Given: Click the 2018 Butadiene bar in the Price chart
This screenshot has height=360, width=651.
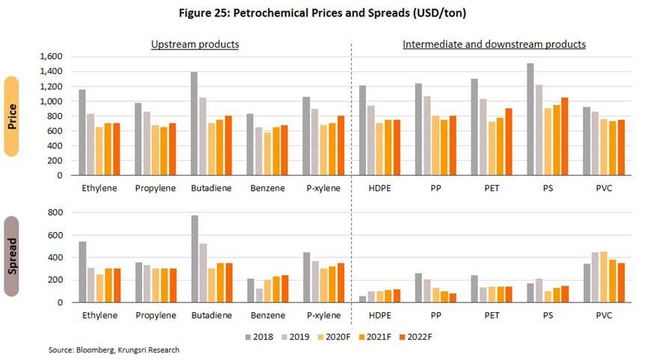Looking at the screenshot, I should (195, 123).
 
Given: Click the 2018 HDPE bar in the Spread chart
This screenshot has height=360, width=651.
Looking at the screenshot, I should (363, 299).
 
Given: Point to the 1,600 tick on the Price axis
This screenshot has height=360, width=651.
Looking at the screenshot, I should (51, 56).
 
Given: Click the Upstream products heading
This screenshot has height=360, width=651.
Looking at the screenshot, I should (195, 44).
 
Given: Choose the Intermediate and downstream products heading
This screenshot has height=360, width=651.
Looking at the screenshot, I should (494, 44).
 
